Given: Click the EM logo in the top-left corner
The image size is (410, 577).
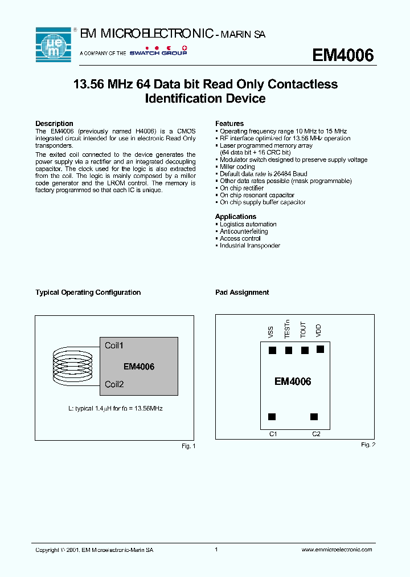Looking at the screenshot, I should pyautogui.click(x=53, y=44).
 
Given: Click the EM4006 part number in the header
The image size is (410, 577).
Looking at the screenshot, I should pyautogui.click(x=343, y=55).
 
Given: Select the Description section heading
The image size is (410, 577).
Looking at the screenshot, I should pyautogui.click(x=54, y=124).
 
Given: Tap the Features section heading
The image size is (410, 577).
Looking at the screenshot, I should pyautogui.click(x=229, y=124).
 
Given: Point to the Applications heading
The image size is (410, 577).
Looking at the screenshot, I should pyautogui.click(x=236, y=217).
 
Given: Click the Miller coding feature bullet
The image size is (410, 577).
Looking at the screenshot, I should pyautogui.click(x=237, y=167).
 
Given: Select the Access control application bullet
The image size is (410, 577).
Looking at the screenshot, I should pyautogui.click(x=240, y=238).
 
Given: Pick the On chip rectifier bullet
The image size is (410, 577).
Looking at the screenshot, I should pyautogui.click(x=241, y=188).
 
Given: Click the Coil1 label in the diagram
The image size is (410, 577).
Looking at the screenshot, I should pyautogui.click(x=114, y=346).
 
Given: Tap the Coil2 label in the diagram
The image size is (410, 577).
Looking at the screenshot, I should pyautogui.click(x=114, y=384).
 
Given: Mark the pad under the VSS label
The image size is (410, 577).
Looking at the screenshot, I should pyautogui.click(x=272, y=351).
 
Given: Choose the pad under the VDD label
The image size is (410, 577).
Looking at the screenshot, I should pyautogui.click(x=320, y=349).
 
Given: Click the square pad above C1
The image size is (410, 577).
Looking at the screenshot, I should pyautogui.click(x=272, y=417).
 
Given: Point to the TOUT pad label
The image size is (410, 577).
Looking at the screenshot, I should pyautogui.click(x=304, y=330).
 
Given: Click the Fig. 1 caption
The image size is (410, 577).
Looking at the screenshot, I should pyautogui.click(x=188, y=446).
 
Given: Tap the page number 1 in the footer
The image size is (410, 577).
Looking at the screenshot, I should pyautogui.click(x=216, y=550).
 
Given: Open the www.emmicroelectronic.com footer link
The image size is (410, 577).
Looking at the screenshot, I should pyautogui.click(x=336, y=550).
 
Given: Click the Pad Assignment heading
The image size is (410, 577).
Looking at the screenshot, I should pyautogui.click(x=242, y=292).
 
